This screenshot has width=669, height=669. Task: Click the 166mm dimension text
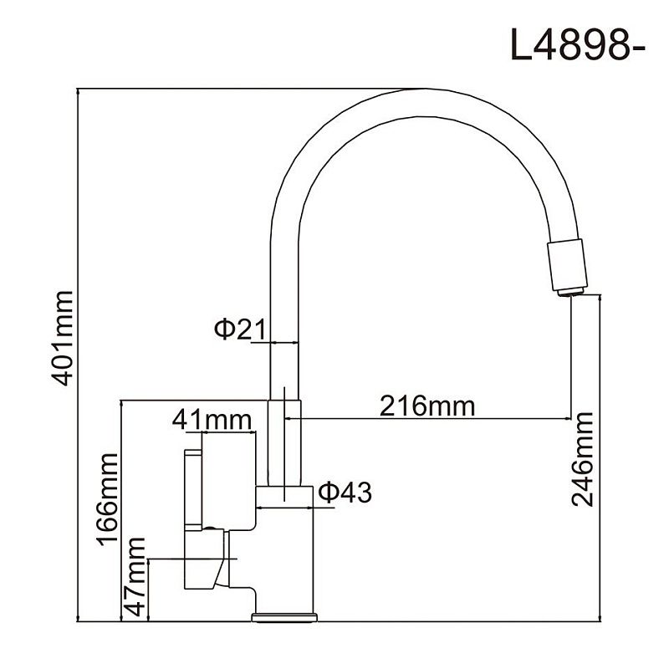pos(107,499)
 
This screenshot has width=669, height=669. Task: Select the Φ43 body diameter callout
pos(344,493)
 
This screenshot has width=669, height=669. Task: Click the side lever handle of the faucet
pos(193,489)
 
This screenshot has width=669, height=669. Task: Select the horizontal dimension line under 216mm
pos(435,419)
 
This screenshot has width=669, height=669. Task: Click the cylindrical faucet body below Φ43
pos(284,552)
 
